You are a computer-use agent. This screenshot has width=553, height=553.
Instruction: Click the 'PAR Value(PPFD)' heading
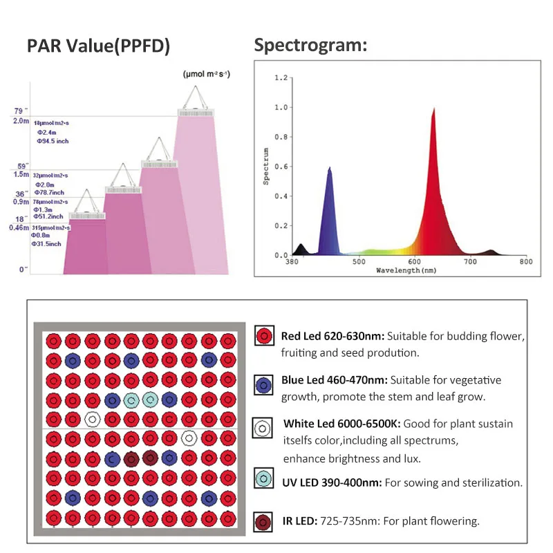[x=98, y=46]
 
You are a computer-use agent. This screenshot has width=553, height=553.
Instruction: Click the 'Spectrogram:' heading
[x=310, y=46]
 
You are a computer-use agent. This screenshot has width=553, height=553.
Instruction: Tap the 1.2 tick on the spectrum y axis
[x=281, y=78]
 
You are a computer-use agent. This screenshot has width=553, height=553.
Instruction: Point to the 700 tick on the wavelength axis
[x=470, y=262]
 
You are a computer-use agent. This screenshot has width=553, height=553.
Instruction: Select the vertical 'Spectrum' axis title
[x=265, y=165]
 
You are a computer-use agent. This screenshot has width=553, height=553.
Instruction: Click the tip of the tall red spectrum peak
[x=433, y=109]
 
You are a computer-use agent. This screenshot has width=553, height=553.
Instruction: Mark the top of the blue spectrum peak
[x=329, y=168]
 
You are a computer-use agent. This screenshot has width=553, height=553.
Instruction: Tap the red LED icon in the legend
[x=262, y=337]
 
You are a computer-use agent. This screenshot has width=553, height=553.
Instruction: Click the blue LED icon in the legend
[x=262, y=385]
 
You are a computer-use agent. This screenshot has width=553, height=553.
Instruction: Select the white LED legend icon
[x=262, y=429]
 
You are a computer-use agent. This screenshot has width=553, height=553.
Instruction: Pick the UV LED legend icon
[x=262, y=478]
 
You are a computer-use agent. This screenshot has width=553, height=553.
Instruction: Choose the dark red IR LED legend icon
[x=262, y=521]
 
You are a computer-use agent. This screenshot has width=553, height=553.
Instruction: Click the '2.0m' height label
[x=21, y=121]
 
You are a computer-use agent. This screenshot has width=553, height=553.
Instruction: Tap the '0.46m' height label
[x=19, y=227]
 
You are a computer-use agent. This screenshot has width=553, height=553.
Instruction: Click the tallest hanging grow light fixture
[x=198, y=111]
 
